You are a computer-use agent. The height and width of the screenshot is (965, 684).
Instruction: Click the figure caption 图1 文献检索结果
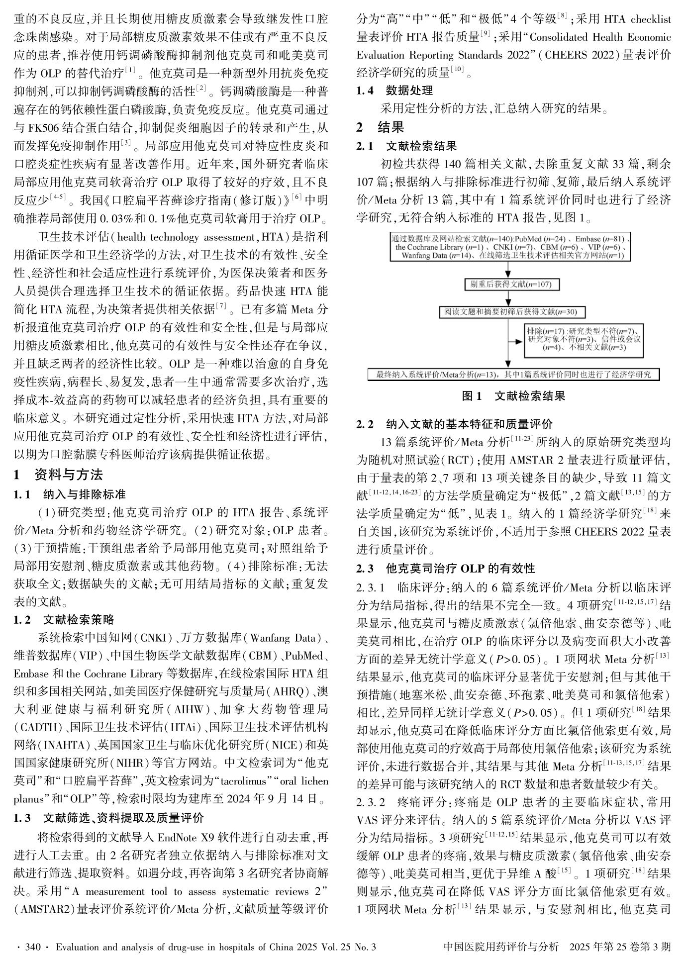coord(513,396)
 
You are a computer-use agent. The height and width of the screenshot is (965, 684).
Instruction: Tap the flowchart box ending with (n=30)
coord(513,312)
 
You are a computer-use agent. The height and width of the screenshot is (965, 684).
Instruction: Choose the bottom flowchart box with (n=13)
coord(513,375)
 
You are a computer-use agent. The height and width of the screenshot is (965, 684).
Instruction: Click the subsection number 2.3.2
coord(371,802)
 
